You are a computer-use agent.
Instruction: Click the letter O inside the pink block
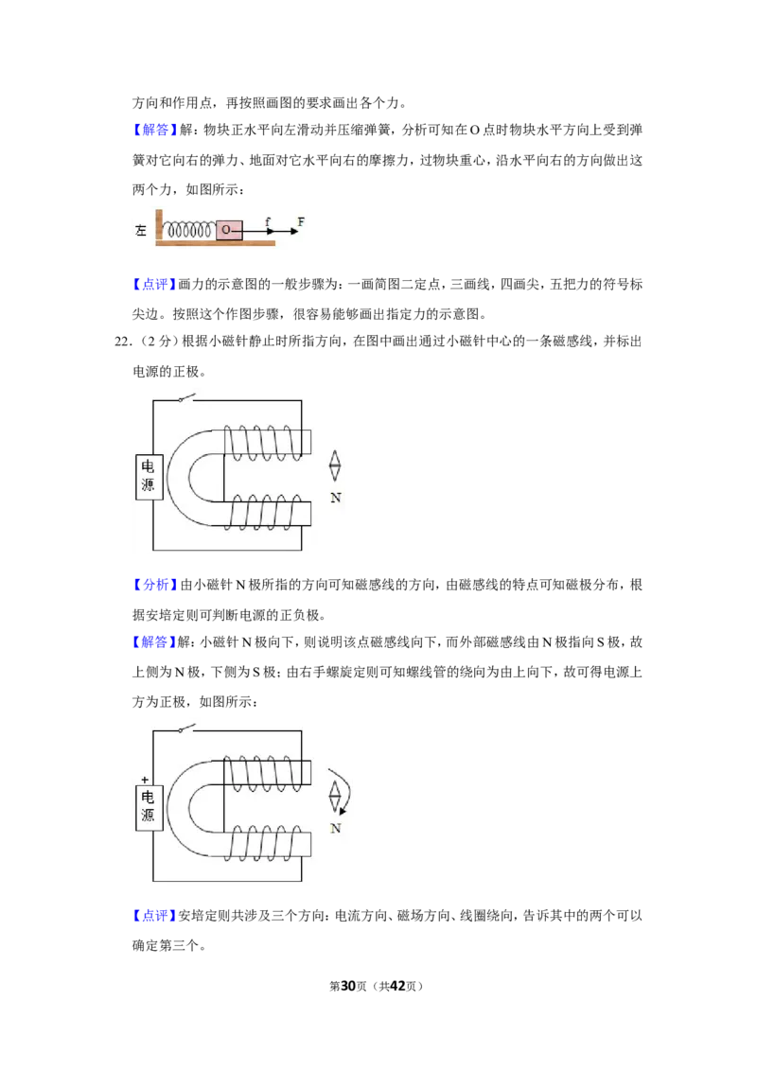pyautogui.click(x=226, y=230)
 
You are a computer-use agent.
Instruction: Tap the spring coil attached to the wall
pyautogui.click(x=190, y=230)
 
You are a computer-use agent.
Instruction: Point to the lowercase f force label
pyautogui.click(x=268, y=222)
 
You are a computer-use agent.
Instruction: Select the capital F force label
pyautogui.click(x=301, y=221)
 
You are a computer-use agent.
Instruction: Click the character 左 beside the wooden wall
pyautogui.click(x=141, y=231)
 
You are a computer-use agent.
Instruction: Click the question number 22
pyautogui.click(x=122, y=342)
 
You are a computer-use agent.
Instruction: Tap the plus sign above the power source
pyautogui.click(x=144, y=780)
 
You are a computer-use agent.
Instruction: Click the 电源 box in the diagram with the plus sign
pyautogui.click(x=149, y=807)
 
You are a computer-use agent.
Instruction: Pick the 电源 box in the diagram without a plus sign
pyautogui.click(x=149, y=477)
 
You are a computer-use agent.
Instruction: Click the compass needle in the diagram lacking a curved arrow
pyautogui.click(x=335, y=466)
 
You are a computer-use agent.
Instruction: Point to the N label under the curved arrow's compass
pyautogui.click(x=336, y=829)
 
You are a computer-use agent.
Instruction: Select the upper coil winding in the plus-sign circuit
pyautogui.click(x=262, y=773)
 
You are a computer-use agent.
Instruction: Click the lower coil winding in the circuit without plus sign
pyautogui.click(x=262, y=512)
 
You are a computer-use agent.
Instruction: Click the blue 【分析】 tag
pyautogui.click(x=154, y=585)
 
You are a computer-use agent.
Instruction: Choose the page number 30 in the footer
pyautogui.click(x=348, y=986)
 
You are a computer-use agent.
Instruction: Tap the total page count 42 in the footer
pyautogui.click(x=397, y=986)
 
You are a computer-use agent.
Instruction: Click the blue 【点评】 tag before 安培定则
pyautogui.click(x=154, y=915)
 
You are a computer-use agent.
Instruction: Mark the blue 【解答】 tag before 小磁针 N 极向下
pyautogui.click(x=154, y=642)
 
